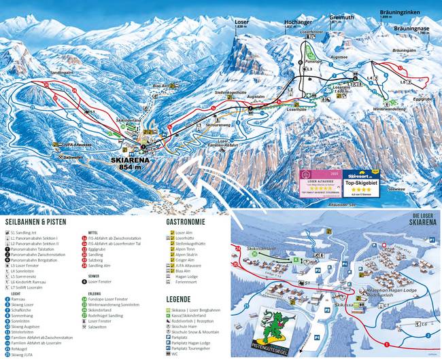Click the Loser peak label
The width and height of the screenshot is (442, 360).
[242, 22]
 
